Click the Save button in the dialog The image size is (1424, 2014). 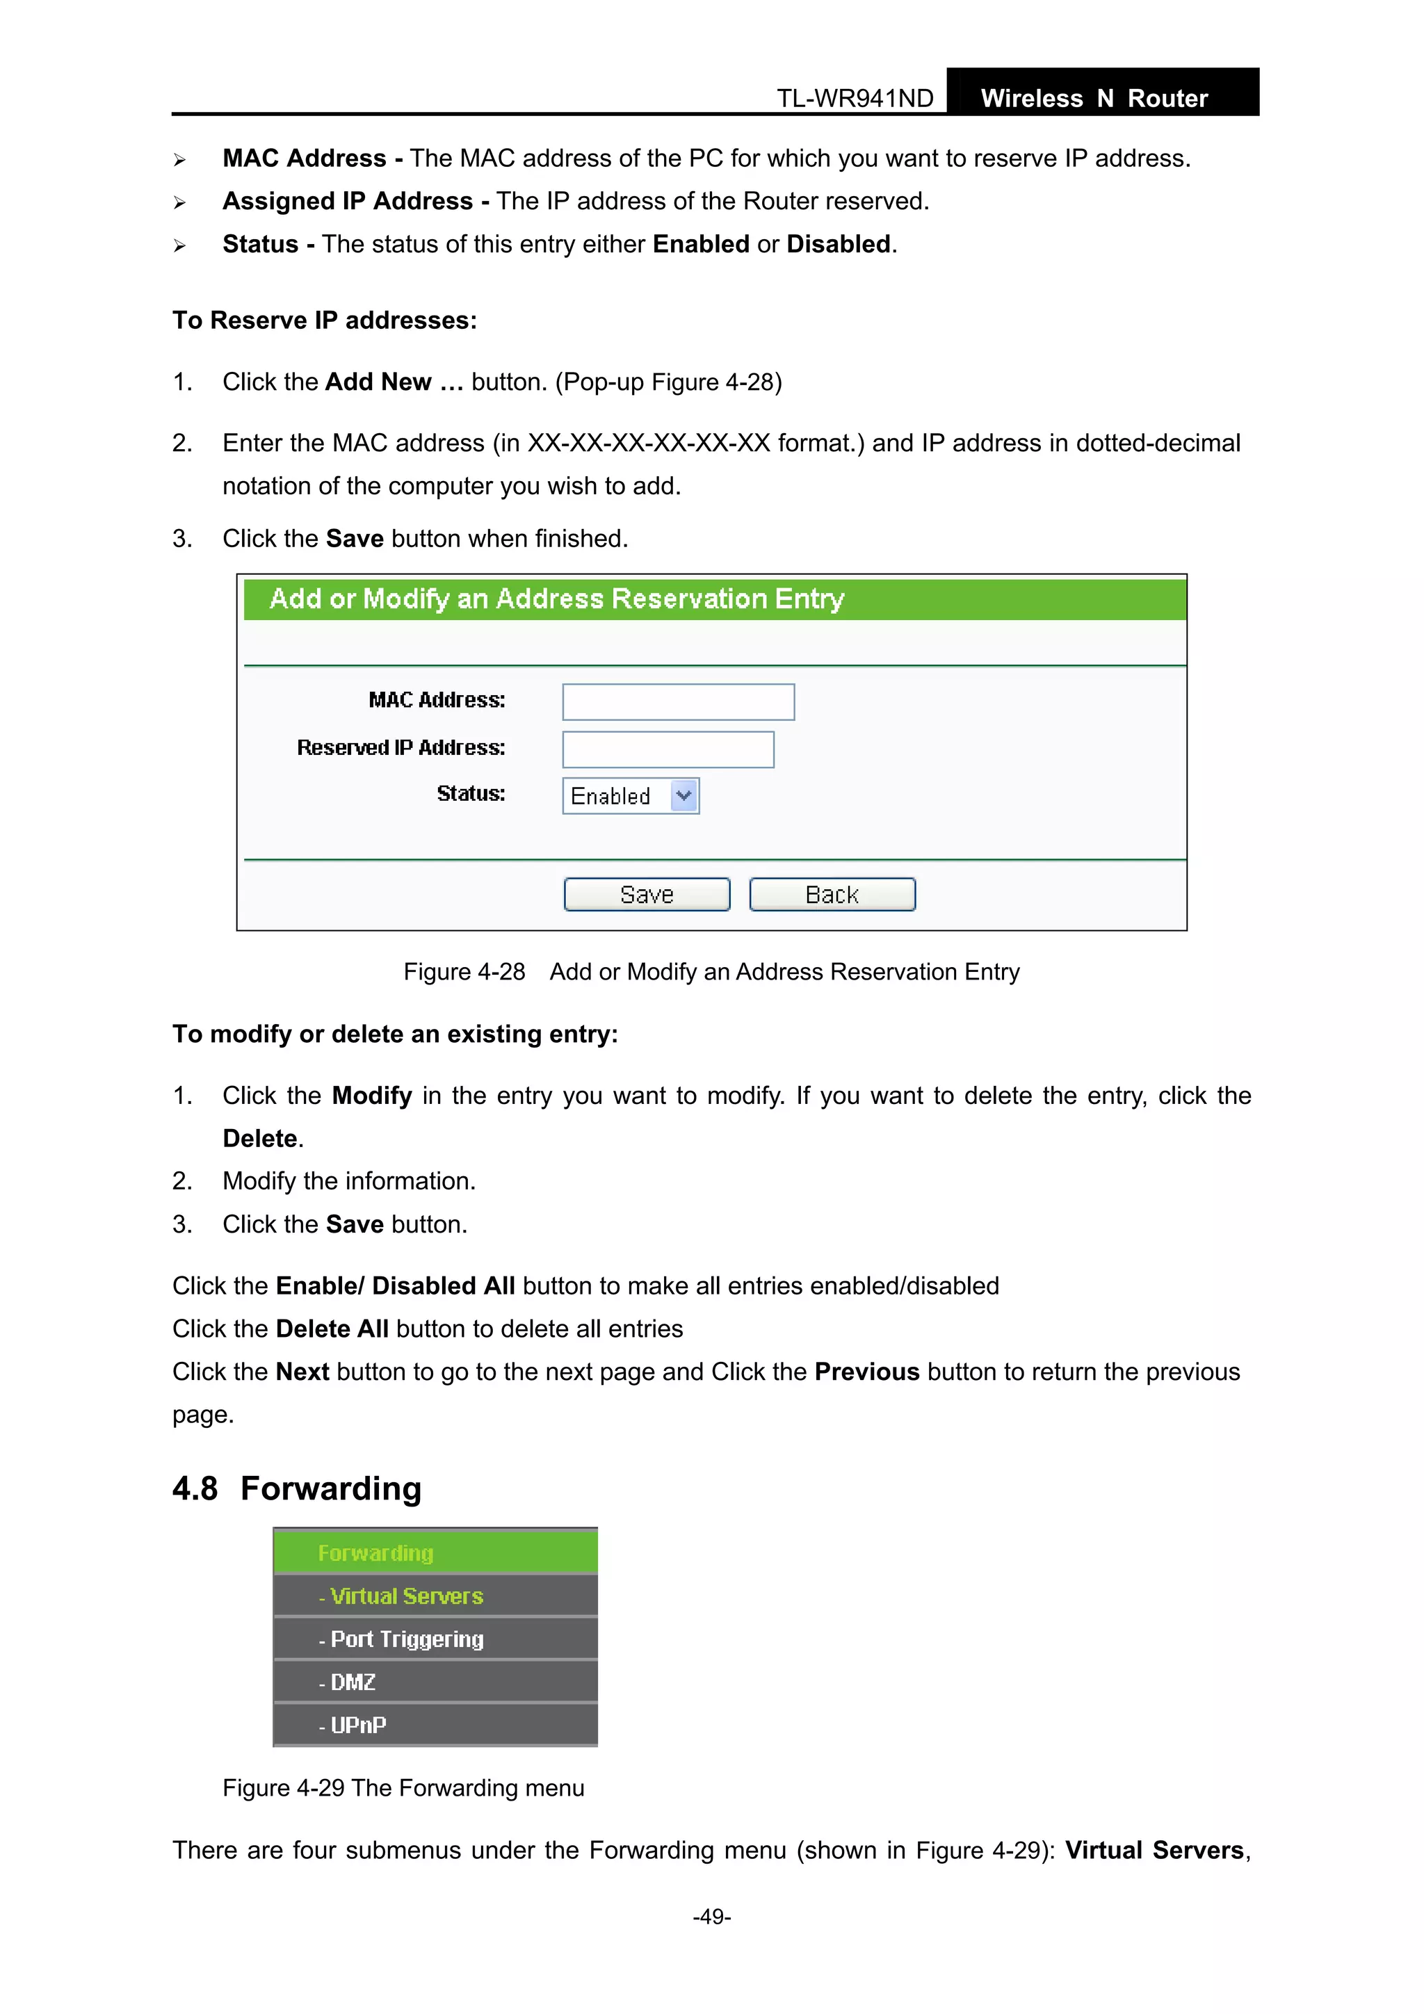click(x=647, y=895)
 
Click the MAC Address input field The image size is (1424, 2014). click(x=678, y=701)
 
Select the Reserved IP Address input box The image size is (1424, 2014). click(x=667, y=749)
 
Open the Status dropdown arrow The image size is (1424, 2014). click(x=683, y=795)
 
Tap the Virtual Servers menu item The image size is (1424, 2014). click(x=406, y=1596)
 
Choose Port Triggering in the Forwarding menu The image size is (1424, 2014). click(x=406, y=1639)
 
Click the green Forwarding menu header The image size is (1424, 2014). click(x=375, y=1554)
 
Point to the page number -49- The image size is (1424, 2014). click(x=711, y=1917)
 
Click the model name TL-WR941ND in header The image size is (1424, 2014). click(x=855, y=98)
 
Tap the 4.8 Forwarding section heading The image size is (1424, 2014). click(x=297, y=1488)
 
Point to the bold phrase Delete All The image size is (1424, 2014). click(x=332, y=1329)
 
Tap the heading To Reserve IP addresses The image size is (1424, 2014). click(x=325, y=321)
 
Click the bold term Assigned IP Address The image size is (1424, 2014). click(x=348, y=202)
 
